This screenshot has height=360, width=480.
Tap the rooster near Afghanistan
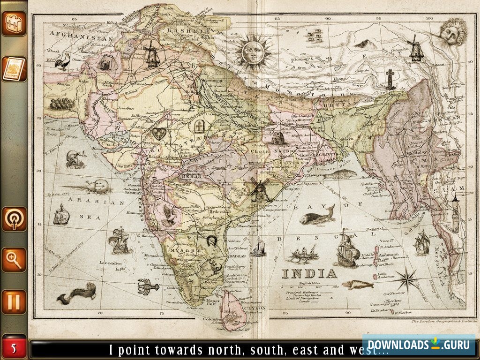[x=62, y=61]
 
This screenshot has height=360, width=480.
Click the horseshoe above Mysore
[x=212, y=241]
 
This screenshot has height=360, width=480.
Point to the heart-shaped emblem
[x=159, y=134]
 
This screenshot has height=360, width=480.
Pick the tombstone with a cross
[x=198, y=126]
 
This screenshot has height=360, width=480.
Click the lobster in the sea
[x=145, y=285]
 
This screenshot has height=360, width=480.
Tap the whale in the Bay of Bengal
[x=317, y=216]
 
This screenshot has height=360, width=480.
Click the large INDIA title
[x=309, y=273]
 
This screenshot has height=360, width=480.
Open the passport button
[x=14, y=69]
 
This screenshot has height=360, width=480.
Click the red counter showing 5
[x=14, y=348]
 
